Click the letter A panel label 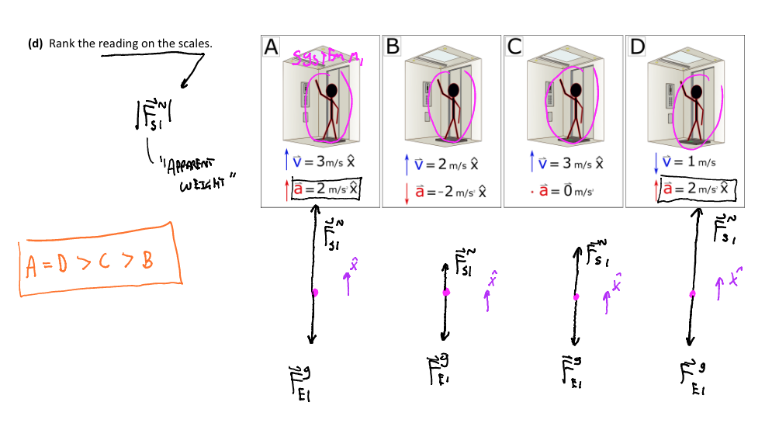(x=271, y=47)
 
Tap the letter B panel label (x=393, y=47)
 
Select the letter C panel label (x=514, y=47)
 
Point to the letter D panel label (x=637, y=47)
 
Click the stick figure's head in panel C (x=575, y=92)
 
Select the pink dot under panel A (x=314, y=293)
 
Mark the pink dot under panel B (x=446, y=293)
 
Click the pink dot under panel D (x=692, y=293)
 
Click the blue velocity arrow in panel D (x=656, y=163)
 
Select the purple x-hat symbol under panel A (x=353, y=266)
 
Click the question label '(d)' (x=35, y=43)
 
